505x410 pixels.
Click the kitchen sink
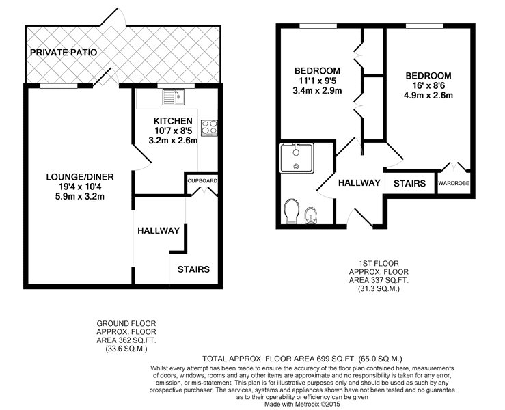point(174,96)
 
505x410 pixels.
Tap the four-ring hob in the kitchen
point(209,128)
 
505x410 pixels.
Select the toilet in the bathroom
point(292,211)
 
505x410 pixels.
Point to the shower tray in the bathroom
point(297,158)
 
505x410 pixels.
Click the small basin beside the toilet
point(311,215)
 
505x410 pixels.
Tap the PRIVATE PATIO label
point(64,52)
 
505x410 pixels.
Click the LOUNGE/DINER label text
point(80,177)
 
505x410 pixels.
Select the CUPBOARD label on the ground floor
point(202,181)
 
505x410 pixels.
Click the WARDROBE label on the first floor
point(454,183)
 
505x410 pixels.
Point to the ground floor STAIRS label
point(193,269)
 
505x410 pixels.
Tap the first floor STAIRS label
point(409,183)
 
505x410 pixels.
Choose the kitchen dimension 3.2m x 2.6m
point(174,141)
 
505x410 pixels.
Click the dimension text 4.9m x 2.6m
point(428,96)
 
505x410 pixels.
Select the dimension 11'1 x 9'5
point(318,81)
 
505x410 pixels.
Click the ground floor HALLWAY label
point(159,230)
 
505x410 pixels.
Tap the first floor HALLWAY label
point(359,183)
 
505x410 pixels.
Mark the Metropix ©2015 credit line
point(302,404)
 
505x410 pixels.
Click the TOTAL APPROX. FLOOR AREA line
point(303,359)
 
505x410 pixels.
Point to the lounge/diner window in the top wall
point(59,85)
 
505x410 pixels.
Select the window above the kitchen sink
point(176,85)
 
